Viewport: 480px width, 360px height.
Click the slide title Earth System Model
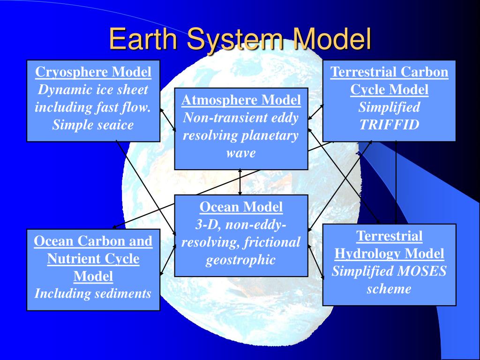240,39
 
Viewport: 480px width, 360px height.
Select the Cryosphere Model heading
93,72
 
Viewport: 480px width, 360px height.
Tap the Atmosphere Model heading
241,100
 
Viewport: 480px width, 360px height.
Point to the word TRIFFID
389,125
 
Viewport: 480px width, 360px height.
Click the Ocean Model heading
241,207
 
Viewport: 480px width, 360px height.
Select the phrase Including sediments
93,294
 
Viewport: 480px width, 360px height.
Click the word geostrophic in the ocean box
240,260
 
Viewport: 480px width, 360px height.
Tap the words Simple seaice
93,125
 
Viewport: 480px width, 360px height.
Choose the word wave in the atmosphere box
241,153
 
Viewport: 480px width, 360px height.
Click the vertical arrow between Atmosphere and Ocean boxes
240,182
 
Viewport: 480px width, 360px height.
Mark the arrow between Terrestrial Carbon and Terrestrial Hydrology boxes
396,183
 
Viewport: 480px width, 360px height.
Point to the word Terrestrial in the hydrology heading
389,236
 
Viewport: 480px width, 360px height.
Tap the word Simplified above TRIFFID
389,107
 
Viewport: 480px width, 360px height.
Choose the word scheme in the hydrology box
389,289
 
